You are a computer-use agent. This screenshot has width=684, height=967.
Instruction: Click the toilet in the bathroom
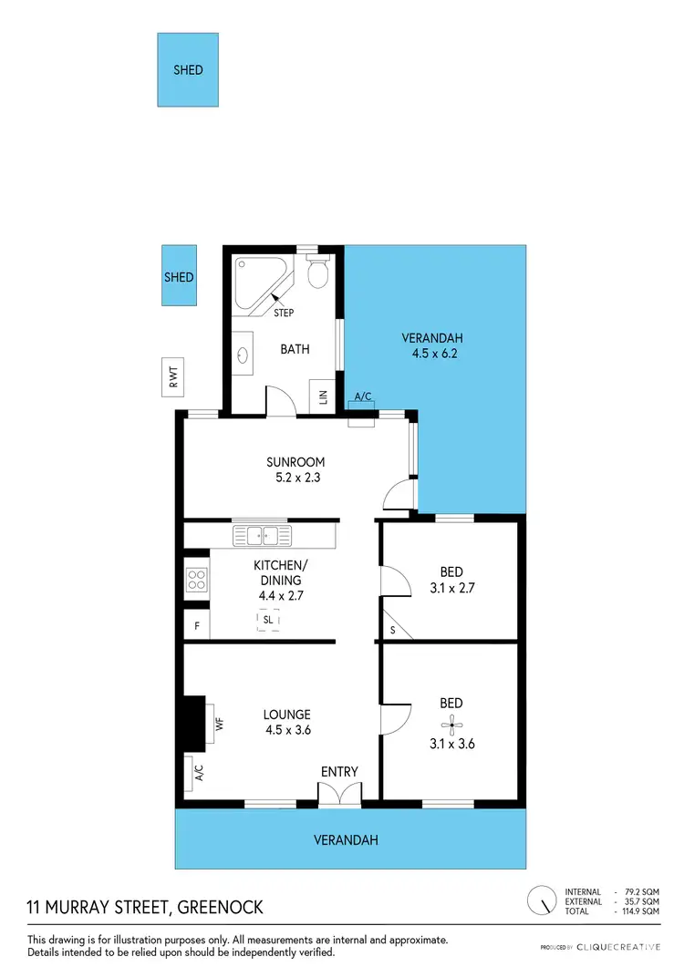click(318, 271)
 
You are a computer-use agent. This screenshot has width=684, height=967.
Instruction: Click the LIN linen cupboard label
click(322, 397)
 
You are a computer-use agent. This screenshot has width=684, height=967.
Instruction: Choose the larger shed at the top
click(188, 70)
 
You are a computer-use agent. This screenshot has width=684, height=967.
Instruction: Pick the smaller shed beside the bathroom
click(179, 277)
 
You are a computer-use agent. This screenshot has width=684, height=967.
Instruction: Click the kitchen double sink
click(261, 535)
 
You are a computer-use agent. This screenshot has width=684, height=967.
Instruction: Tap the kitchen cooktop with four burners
click(197, 580)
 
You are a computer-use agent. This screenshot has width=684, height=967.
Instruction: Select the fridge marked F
click(196, 627)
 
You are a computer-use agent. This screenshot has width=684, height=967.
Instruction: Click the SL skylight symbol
click(268, 620)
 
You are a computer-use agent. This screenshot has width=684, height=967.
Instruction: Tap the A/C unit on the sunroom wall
click(361, 418)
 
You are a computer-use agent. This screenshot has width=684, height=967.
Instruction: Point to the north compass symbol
click(544, 900)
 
